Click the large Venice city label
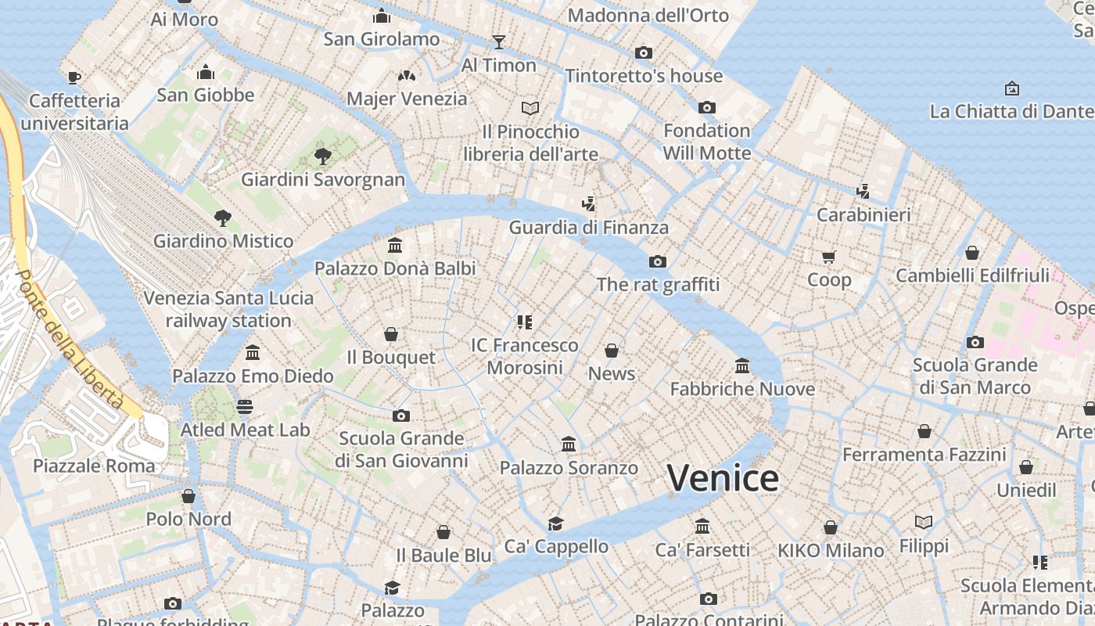click(723, 478)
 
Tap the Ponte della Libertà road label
click(70, 340)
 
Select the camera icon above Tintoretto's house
click(644, 52)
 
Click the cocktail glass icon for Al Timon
click(499, 41)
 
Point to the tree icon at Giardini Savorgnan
click(322, 156)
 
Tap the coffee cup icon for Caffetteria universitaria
click(74, 77)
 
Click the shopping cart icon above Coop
click(829, 257)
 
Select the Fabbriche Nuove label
click(742, 389)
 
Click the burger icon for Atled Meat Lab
click(245, 406)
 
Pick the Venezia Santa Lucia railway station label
click(228, 309)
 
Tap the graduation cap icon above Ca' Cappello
click(555, 523)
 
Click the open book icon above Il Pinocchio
click(530, 108)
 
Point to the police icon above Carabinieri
click(863, 191)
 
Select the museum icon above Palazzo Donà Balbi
click(395, 246)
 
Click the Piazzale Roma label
click(94, 466)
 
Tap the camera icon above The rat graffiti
click(658, 261)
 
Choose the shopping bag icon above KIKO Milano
click(831, 527)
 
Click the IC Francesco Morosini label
click(525, 356)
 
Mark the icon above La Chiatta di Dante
click(1012, 88)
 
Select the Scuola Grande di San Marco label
click(975, 376)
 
